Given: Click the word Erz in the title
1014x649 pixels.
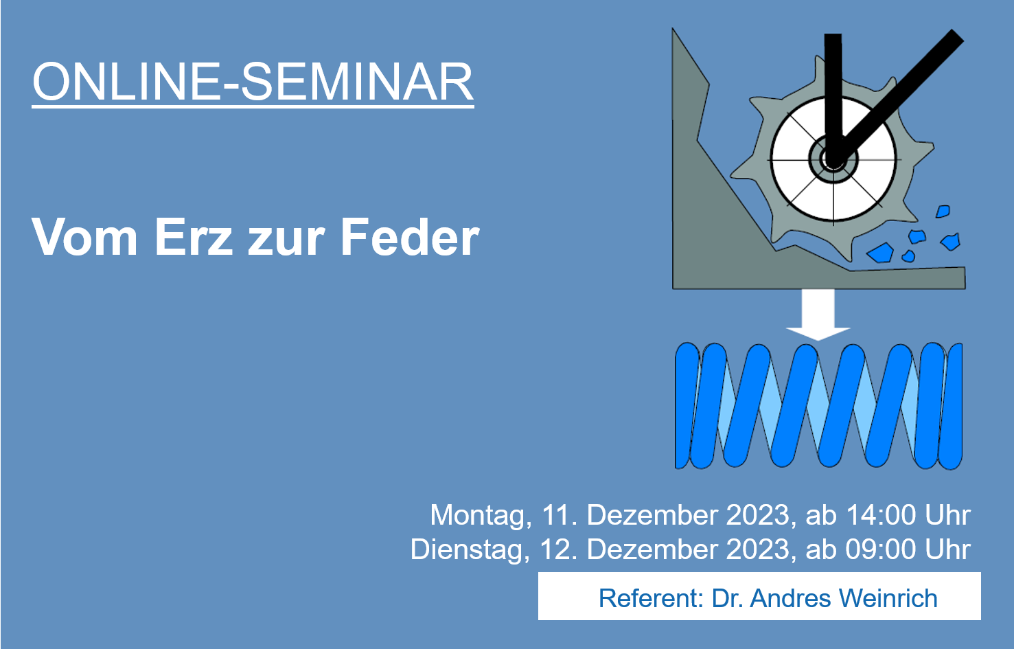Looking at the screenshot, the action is click(194, 238).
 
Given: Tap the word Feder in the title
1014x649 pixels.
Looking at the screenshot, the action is click(410, 236).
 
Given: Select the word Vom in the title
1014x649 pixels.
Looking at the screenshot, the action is click(84, 238).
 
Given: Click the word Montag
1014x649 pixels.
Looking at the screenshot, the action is click(481, 515).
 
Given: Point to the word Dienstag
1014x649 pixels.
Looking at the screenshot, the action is click(470, 550).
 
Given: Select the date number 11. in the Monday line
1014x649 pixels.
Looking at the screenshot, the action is click(560, 515).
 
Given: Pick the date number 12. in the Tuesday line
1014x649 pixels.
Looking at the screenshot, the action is click(559, 549).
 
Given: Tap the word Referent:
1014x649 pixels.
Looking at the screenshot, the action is click(651, 598).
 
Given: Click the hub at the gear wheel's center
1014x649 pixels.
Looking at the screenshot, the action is click(833, 160).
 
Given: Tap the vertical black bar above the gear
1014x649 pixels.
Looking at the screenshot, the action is click(833, 95).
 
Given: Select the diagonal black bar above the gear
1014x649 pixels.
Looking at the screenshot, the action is click(899, 94).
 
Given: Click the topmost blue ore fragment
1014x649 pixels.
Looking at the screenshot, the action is click(943, 212).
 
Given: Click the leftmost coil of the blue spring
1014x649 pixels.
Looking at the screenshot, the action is click(687, 406).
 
